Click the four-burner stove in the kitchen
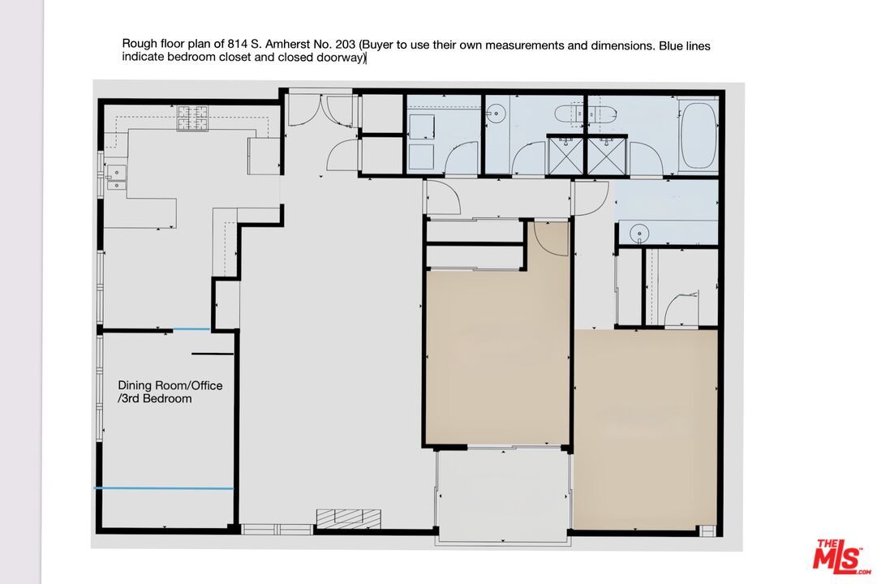tap(193, 118)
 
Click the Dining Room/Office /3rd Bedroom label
tap(170, 392)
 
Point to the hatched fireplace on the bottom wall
tap(348, 517)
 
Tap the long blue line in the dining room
tap(165, 487)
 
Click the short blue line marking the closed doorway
tap(191, 329)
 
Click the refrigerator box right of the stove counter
tap(264, 156)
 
